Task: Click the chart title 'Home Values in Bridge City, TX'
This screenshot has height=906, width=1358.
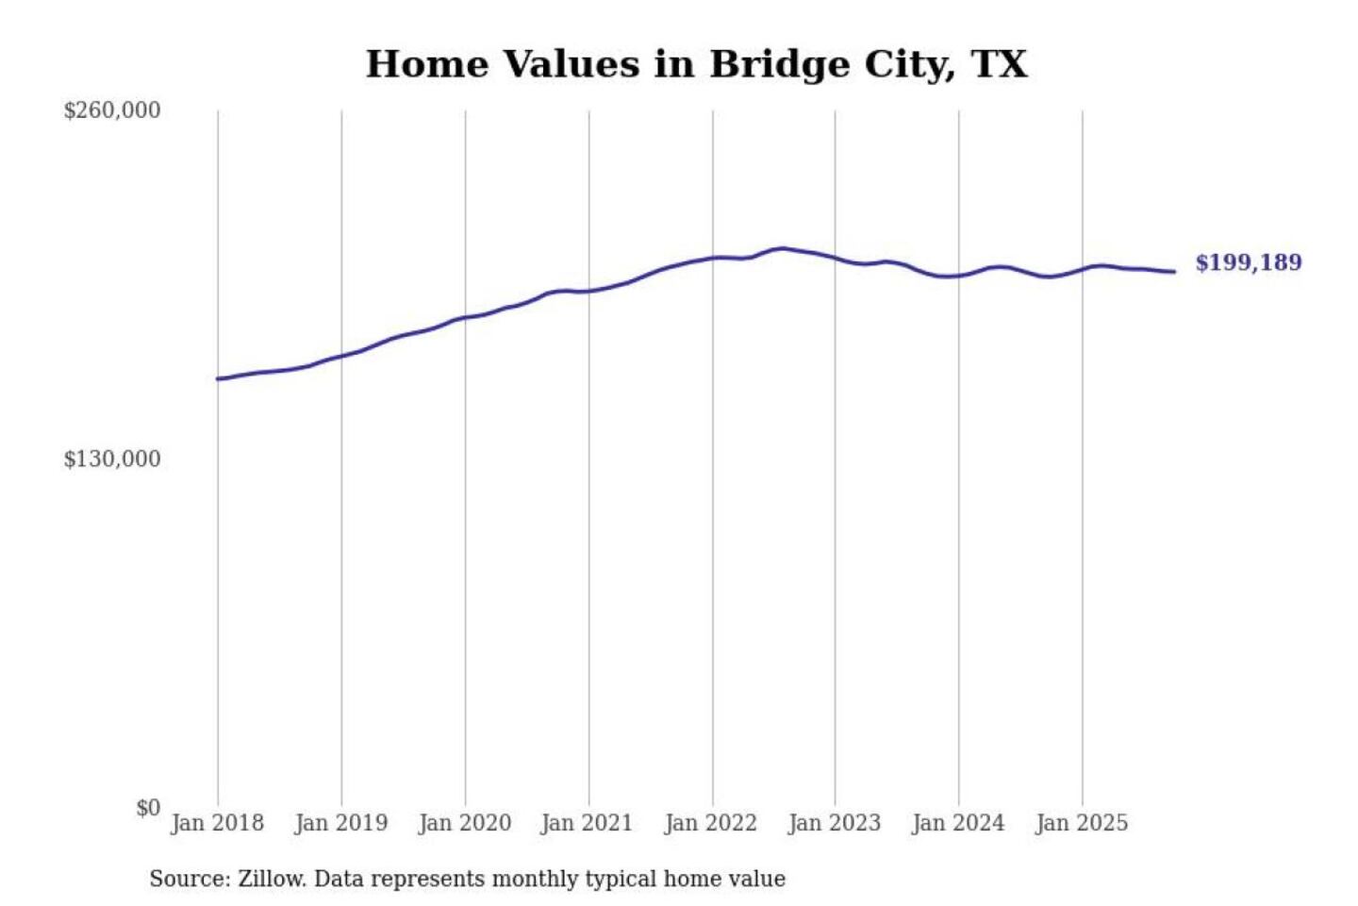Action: (x=696, y=64)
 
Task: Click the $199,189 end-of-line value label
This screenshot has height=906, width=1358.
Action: (x=1248, y=262)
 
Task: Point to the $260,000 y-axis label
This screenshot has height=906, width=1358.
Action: (x=112, y=110)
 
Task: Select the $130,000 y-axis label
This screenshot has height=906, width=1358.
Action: (x=112, y=460)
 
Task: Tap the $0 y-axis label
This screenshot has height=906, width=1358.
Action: (x=148, y=808)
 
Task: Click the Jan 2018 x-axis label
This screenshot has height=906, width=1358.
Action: (x=217, y=823)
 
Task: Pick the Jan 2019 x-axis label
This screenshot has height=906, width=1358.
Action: (x=340, y=823)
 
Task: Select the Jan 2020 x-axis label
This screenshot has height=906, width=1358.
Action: (x=464, y=823)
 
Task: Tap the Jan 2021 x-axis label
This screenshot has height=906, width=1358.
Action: (x=587, y=823)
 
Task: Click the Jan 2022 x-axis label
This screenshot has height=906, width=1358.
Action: (x=711, y=823)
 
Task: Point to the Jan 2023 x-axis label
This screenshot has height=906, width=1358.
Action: (x=834, y=823)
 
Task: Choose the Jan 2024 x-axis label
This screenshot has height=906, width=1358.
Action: (x=958, y=823)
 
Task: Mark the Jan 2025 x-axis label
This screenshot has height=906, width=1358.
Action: (x=1082, y=823)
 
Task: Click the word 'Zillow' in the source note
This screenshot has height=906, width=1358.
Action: (x=272, y=879)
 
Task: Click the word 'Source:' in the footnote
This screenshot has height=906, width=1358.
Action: (x=190, y=879)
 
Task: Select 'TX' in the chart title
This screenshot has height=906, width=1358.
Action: (x=999, y=64)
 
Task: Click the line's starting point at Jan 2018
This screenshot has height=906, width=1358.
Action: (x=218, y=378)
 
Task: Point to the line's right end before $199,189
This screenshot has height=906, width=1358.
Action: (x=1174, y=272)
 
